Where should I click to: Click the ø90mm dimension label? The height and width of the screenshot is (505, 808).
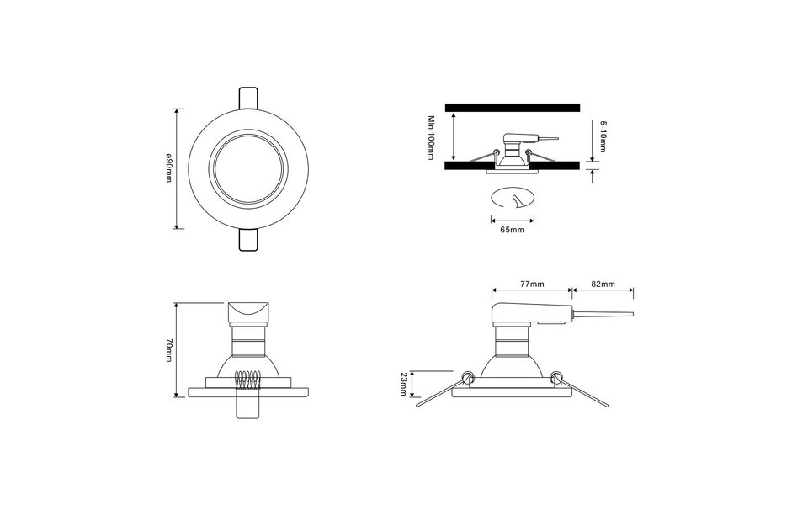(x=169, y=168)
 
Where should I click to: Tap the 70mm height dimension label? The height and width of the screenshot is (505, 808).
(x=168, y=349)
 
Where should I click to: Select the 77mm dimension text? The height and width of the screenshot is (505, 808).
(x=531, y=284)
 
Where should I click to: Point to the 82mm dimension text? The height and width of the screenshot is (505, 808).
(x=603, y=284)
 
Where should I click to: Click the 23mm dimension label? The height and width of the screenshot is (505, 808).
(x=405, y=384)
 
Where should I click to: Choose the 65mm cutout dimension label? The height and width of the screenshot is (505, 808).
(x=512, y=229)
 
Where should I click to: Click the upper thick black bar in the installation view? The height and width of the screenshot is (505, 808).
(x=512, y=107)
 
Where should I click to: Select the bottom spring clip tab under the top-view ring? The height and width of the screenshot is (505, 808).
(x=248, y=240)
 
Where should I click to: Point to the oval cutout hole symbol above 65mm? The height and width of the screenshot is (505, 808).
(x=513, y=199)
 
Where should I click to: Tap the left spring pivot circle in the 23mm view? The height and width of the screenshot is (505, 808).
(x=467, y=375)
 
